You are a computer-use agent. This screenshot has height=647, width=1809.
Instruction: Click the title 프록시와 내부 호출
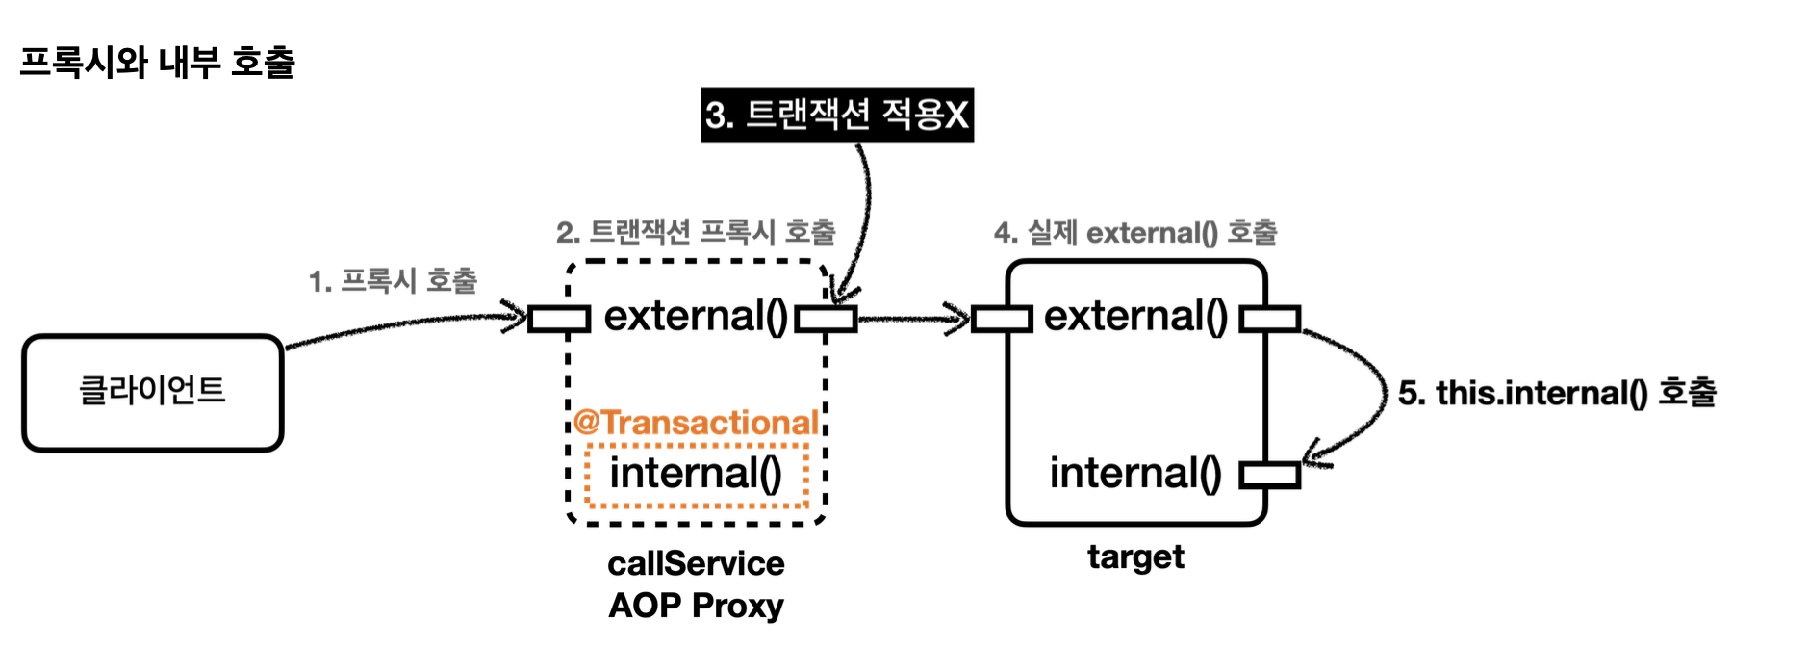click(x=157, y=63)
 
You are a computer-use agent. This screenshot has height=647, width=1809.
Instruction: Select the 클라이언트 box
click(x=153, y=392)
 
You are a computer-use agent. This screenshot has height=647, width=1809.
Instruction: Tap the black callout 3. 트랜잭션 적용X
click(x=836, y=116)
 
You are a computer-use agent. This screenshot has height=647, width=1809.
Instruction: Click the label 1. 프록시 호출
click(x=393, y=281)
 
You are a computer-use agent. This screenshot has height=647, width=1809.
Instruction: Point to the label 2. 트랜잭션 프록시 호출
click(x=696, y=232)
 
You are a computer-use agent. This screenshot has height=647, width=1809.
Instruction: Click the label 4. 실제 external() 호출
click(x=1135, y=232)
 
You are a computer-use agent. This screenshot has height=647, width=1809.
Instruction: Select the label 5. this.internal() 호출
click(x=1556, y=393)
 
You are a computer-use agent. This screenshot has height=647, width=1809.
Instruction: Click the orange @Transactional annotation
click(x=696, y=423)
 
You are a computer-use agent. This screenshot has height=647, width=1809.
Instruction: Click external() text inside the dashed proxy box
click(x=696, y=316)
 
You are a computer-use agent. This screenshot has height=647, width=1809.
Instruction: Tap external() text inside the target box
click(x=1135, y=316)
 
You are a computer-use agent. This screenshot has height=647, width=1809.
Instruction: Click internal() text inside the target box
click(x=1135, y=474)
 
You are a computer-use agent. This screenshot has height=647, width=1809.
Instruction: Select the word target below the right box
click(x=1135, y=556)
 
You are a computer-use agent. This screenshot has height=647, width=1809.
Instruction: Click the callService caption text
click(x=696, y=563)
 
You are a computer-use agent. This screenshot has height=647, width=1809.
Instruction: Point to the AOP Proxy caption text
click(x=696, y=606)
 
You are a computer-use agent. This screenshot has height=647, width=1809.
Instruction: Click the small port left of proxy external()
click(x=559, y=319)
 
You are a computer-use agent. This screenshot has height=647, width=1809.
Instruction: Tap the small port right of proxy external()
click(x=826, y=319)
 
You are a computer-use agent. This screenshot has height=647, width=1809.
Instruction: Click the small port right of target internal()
click(x=1269, y=475)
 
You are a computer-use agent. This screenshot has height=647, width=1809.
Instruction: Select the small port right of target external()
click(x=1269, y=319)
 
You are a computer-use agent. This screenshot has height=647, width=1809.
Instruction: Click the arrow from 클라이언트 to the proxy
click(x=404, y=324)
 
